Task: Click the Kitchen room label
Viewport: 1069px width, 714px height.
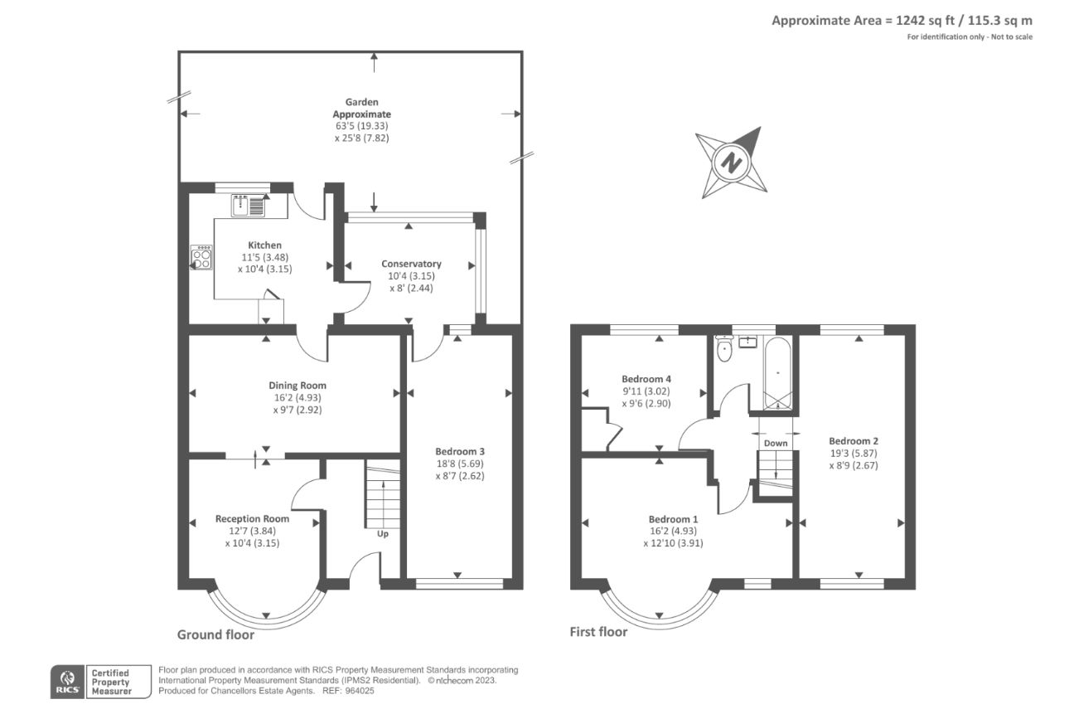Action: tap(265, 245)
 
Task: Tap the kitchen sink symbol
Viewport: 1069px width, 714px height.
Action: tap(248, 206)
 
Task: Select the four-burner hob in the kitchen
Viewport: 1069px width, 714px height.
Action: tap(202, 257)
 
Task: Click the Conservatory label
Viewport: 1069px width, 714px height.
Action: tap(411, 264)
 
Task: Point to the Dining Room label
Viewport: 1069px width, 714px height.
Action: tap(297, 386)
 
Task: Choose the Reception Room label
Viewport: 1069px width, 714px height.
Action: tap(252, 518)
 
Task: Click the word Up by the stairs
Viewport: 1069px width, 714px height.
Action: tap(383, 534)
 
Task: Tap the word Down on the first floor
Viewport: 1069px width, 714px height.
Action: tap(776, 443)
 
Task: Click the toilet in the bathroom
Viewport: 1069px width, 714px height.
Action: tap(724, 348)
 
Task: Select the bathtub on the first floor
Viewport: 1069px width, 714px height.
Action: tap(778, 373)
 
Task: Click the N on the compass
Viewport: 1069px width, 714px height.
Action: tap(730, 163)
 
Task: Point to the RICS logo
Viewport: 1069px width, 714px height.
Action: tap(68, 682)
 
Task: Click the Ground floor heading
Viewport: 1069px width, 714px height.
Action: tap(215, 634)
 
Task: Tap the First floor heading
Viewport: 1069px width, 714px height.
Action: tap(598, 632)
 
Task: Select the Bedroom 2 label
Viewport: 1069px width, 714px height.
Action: tap(854, 441)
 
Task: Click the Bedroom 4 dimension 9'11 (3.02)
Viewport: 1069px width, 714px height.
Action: tap(646, 391)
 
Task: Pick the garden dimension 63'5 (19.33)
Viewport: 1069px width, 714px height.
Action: tap(362, 125)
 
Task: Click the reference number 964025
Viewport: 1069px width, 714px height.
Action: tap(360, 691)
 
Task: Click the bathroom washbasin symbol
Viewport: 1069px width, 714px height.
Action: tap(747, 342)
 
